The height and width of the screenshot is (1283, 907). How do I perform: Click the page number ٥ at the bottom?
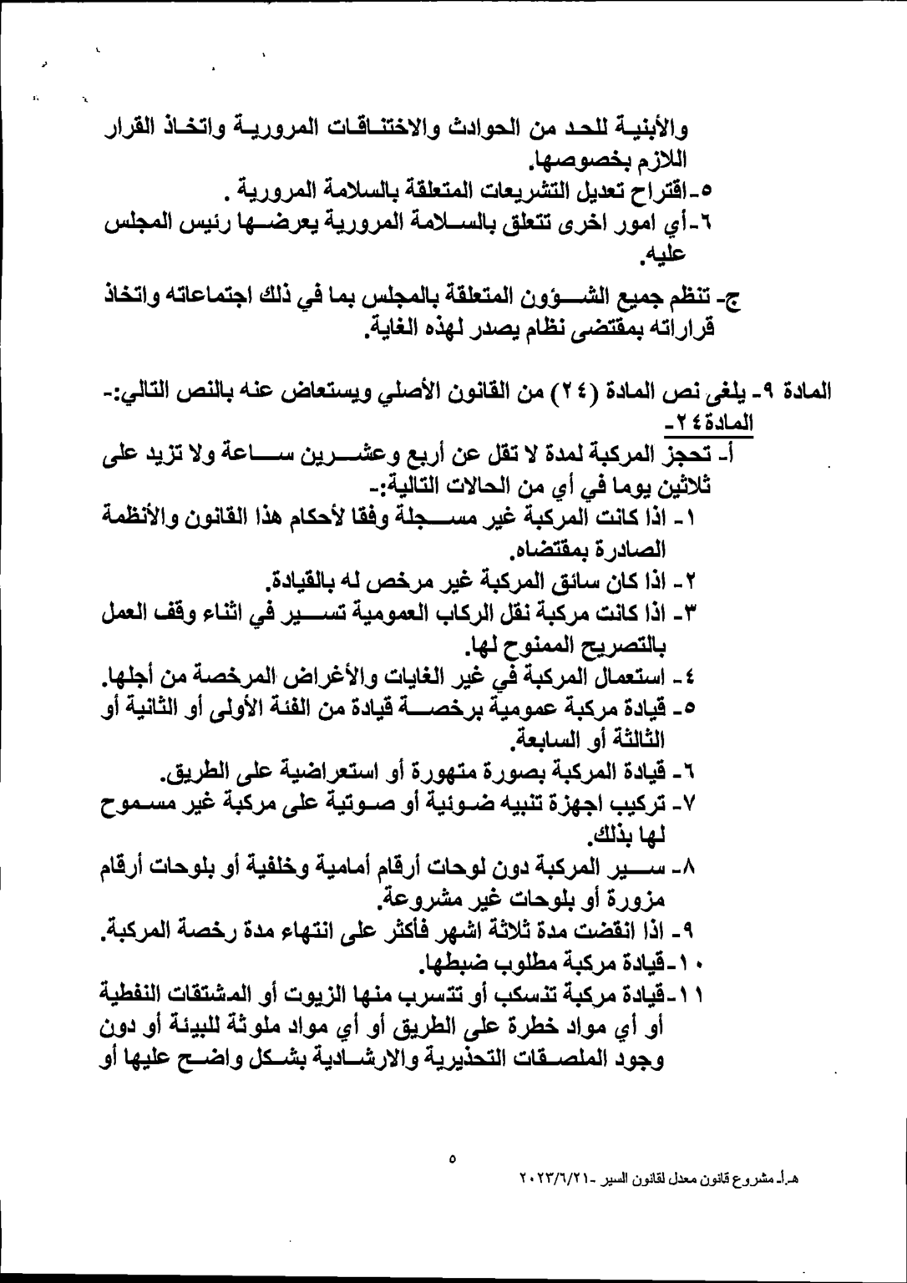[x=452, y=1159]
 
